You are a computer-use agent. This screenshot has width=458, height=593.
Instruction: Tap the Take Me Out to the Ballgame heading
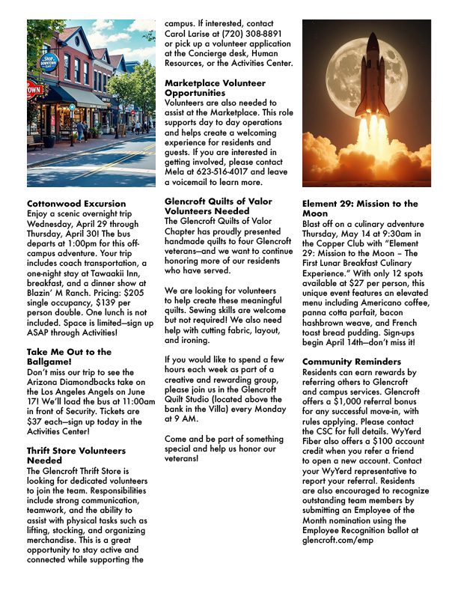(x=69, y=356)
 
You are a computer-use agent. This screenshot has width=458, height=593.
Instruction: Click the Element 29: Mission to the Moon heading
(x=360, y=208)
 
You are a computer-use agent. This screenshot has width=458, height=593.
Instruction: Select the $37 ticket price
(x=36, y=420)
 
